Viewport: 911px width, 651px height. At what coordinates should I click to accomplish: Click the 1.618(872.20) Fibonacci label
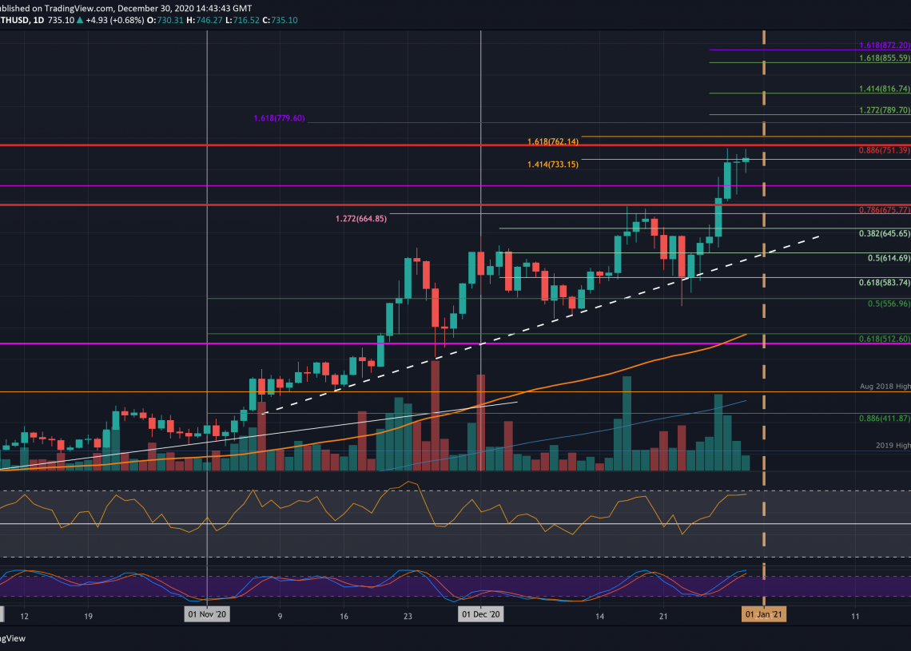click(x=885, y=46)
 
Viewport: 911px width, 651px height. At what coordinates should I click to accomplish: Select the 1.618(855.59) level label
click(x=885, y=59)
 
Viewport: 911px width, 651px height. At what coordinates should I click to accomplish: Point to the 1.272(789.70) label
click(x=885, y=110)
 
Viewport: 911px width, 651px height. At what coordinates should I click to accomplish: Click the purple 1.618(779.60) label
click(x=279, y=118)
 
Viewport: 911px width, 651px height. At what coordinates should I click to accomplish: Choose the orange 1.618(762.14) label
click(x=552, y=141)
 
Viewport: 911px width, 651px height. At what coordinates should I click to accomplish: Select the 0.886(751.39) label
click(x=885, y=150)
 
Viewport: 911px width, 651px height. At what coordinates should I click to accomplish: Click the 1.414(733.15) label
click(x=552, y=165)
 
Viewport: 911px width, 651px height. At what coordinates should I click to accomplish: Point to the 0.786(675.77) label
click(x=885, y=211)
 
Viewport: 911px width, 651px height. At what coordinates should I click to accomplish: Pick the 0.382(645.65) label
click(x=885, y=234)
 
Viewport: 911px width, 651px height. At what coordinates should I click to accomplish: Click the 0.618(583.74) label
click(x=885, y=283)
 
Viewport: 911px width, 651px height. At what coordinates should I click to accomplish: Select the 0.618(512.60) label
click(x=885, y=339)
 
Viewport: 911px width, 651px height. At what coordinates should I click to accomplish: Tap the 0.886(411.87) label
click(x=885, y=418)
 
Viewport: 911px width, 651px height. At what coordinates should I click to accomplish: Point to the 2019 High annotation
click(x=891, y=445)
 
